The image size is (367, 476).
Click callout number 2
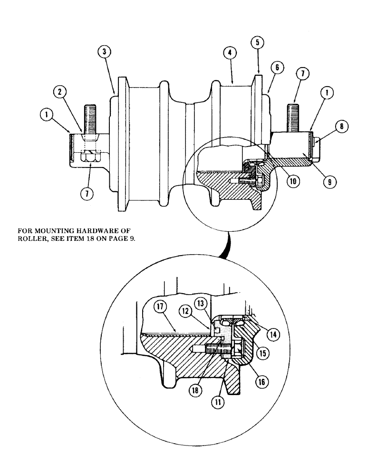click(60, 92)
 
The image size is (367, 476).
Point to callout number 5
click(257, 43)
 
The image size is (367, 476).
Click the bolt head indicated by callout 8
click(316, 140)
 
